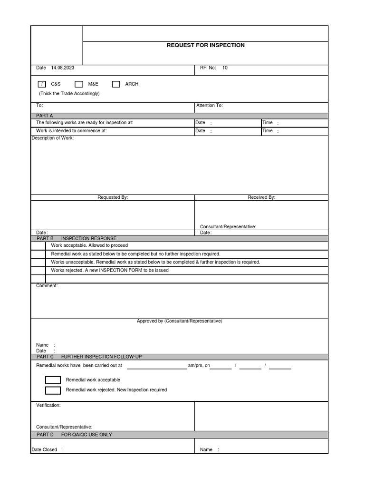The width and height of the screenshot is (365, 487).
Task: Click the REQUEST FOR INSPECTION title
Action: [205, 45]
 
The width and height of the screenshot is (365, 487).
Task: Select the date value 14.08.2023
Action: [63, 68]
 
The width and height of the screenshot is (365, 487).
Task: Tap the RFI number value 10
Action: [225, 68]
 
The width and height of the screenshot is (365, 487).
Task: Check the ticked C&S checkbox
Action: [42, 84]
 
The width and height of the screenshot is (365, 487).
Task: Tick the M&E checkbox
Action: [79, 84]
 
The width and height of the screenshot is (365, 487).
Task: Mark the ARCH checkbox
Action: [116, 84]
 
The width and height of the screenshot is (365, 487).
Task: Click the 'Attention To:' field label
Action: [209, 106]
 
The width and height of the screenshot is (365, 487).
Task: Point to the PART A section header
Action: [45, 116]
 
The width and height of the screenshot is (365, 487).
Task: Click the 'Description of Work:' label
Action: [52, 138]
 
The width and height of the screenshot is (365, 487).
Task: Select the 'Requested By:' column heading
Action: [113, 197]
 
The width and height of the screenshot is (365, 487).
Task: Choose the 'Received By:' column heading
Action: [261, 197]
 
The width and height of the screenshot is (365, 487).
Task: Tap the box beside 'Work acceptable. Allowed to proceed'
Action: [38, 246]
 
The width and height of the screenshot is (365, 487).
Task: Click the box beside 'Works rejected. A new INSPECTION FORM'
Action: [38, 271]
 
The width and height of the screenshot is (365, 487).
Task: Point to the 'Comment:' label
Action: [47, 286]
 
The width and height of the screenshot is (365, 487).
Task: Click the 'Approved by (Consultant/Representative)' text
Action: [179, 321]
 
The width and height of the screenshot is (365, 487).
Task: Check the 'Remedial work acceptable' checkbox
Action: [53, 380]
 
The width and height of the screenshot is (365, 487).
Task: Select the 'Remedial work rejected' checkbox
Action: [53, 390]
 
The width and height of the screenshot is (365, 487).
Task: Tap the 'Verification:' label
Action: [48, 406]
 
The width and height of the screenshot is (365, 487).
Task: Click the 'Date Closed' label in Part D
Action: [44, 450]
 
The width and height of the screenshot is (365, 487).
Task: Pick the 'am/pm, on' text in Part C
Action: [199, 366]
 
